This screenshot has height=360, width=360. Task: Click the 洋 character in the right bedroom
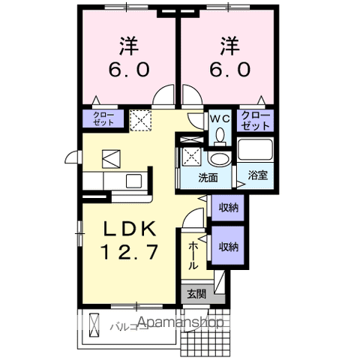229,45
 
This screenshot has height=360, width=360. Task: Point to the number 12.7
129,252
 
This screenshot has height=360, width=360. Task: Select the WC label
219,118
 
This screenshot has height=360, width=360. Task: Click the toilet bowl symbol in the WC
220,135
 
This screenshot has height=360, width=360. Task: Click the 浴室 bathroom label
257,178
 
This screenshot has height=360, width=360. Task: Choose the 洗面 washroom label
208,178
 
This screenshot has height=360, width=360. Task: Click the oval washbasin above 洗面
219,159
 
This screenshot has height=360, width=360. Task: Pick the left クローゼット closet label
103,118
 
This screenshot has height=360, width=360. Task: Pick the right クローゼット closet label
256,118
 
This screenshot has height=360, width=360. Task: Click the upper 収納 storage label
229,208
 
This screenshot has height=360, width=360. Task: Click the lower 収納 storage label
229,246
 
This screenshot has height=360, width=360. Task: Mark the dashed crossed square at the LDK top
140,119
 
